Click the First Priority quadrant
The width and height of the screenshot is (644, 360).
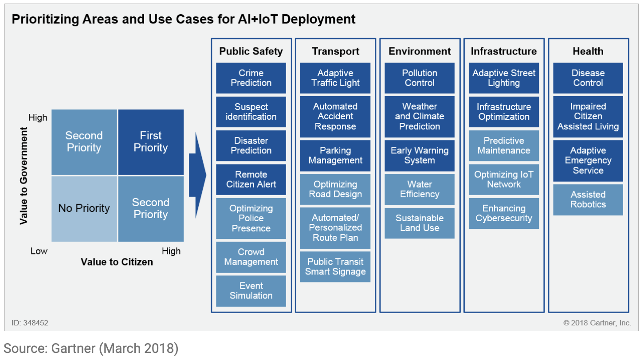coord(151,142)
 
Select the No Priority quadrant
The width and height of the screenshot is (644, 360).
coord(84,208)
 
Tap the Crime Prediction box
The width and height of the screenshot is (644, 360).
coord(251,78)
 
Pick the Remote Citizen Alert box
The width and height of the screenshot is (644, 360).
coord(251,180)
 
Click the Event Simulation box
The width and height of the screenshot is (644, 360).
coord(251,291)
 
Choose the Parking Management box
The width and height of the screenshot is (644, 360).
coord(335,156)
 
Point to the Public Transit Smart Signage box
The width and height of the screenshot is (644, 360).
coord(335,267)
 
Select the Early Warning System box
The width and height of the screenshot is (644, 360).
coord(420,156)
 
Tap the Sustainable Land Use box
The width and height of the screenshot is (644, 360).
coord(420,223)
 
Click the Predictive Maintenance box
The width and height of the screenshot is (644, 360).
coord(504,145)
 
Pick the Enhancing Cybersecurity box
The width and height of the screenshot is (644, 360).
coord(504,213)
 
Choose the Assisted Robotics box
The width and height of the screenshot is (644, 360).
coord(588,200)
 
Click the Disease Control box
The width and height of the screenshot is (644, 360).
coord(588,78)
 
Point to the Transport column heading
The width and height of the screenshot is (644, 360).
coord(335,51)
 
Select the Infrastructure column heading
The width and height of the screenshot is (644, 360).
coord(504,51)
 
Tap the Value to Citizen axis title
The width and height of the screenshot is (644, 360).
coord(117,262)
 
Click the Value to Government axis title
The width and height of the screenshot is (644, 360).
coord(24,176)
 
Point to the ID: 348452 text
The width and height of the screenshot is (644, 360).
coord(30,323)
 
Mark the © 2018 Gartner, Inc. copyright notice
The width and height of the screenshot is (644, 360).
coord(597,323)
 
